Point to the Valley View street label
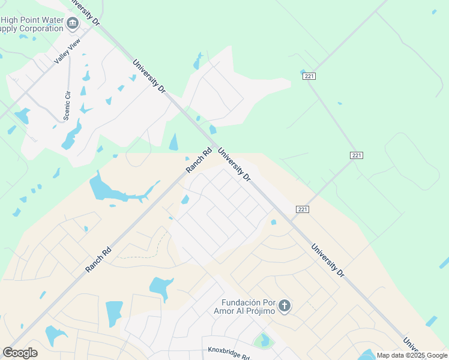pos(66,52)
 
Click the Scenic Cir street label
pos(67,104)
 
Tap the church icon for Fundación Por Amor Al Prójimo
pos(285,307)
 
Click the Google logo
pos(20,353)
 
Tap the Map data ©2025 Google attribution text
pos(412,355)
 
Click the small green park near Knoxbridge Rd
pos(262,341)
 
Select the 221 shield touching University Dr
pos(303,209)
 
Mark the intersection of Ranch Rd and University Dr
pos(214,148)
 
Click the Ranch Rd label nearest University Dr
pos(199,161)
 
